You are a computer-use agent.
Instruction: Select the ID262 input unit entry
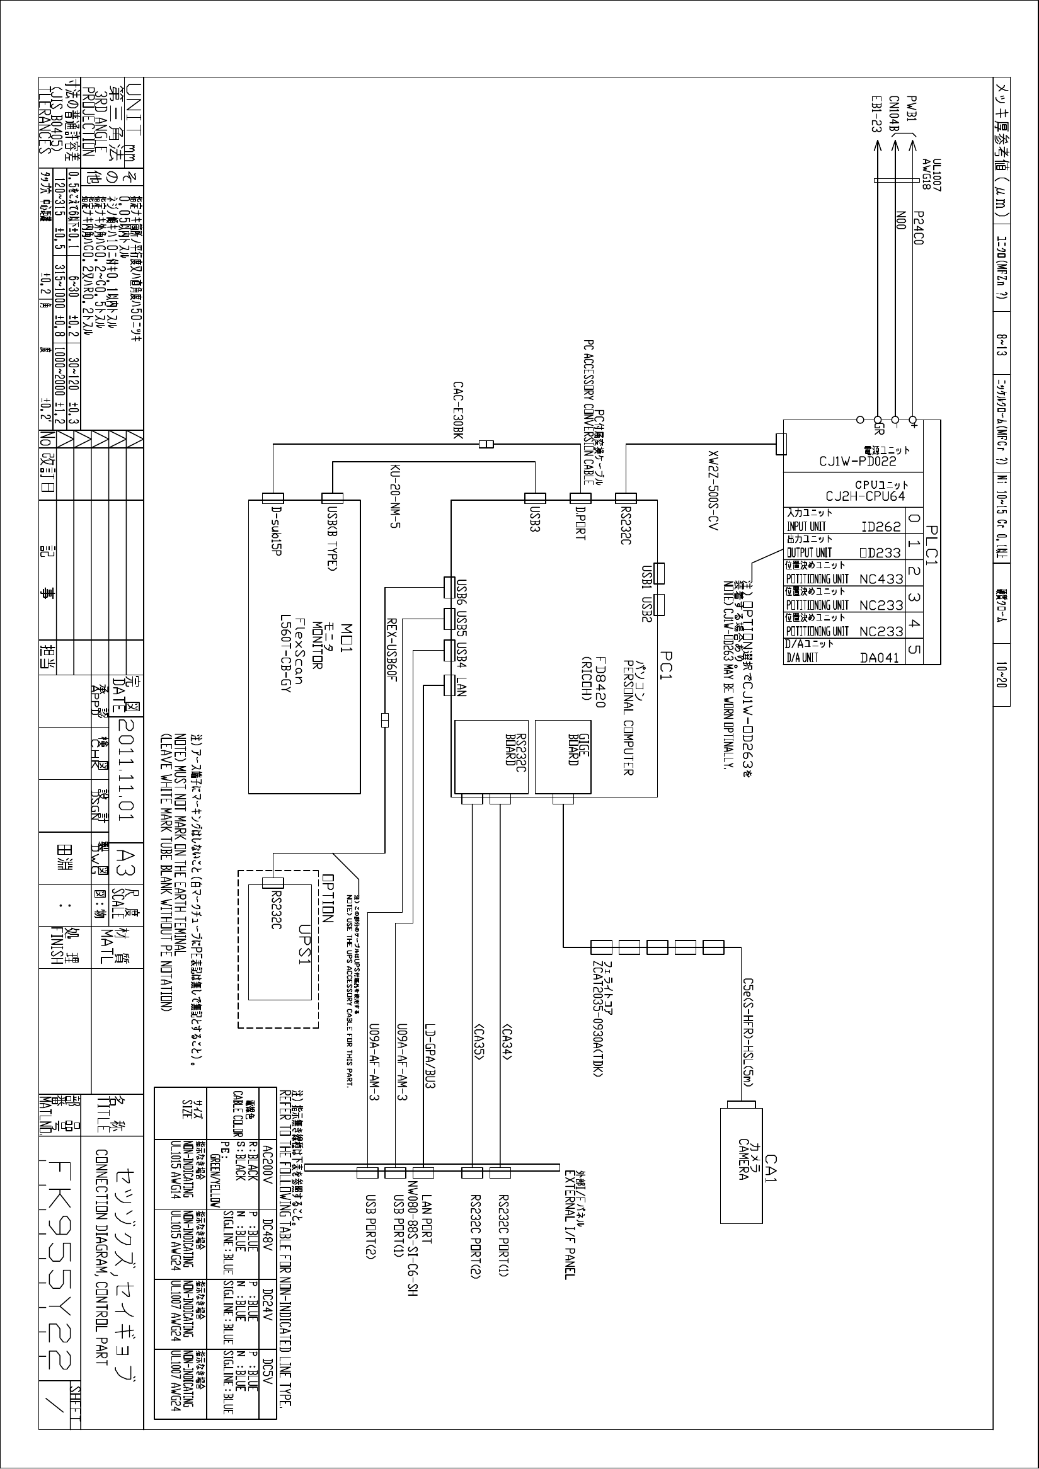click(880, 527)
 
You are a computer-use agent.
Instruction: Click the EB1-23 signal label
click(876, 115)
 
